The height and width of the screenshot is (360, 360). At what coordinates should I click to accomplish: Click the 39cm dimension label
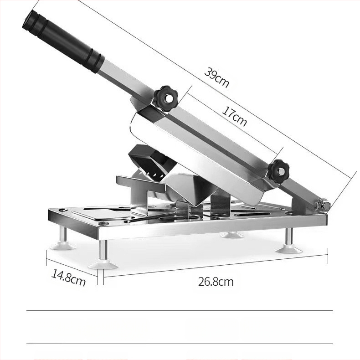(216, 77)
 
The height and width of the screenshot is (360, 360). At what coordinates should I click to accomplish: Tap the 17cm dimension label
(234, 117)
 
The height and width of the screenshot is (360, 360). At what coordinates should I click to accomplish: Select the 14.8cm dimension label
(68, 278)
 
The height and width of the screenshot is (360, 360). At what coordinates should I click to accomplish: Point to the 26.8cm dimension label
(216, 282)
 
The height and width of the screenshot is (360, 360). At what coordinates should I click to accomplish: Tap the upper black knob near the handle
(166, 98)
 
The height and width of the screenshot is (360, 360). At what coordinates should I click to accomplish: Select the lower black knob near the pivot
(279, 171)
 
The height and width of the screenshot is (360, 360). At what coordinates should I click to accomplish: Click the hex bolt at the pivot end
(325, 205)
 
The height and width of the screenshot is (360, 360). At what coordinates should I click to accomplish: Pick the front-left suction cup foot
(103, 265)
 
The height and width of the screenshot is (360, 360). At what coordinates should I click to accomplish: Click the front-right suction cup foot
(289, 249)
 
